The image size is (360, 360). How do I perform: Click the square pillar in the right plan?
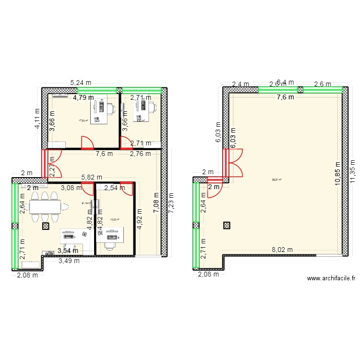point(227,225)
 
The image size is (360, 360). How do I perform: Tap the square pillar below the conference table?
point(46,226)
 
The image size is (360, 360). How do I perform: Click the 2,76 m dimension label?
point(141,154)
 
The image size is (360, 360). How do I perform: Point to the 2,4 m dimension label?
point(240,84)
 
